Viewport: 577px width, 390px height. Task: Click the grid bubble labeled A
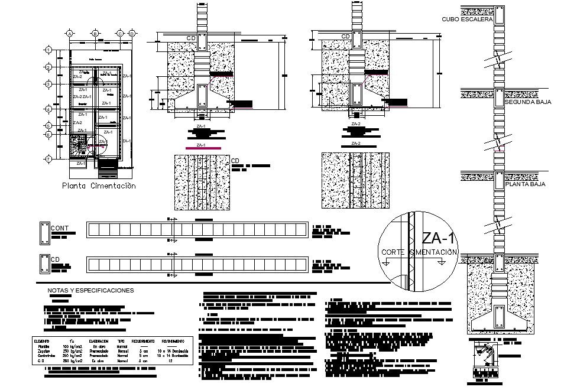point(70,34)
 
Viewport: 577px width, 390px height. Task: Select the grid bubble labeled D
point(131,34)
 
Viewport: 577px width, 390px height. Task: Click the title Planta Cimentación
point(99,186)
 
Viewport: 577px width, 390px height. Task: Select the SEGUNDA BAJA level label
point(528,102)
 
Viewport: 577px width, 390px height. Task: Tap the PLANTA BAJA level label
point(526,184)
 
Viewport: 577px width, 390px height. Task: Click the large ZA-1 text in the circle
point(440,239)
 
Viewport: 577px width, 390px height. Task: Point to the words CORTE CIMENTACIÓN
point(420,252)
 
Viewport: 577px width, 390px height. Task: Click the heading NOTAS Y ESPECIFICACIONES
point(90,291)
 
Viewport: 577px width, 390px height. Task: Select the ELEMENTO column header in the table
point(41,341)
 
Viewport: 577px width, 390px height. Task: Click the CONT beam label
point(60,228)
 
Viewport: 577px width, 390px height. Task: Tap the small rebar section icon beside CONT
point(44,233)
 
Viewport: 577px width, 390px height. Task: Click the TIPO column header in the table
point(122,341)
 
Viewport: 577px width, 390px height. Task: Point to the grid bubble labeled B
point(95,34)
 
